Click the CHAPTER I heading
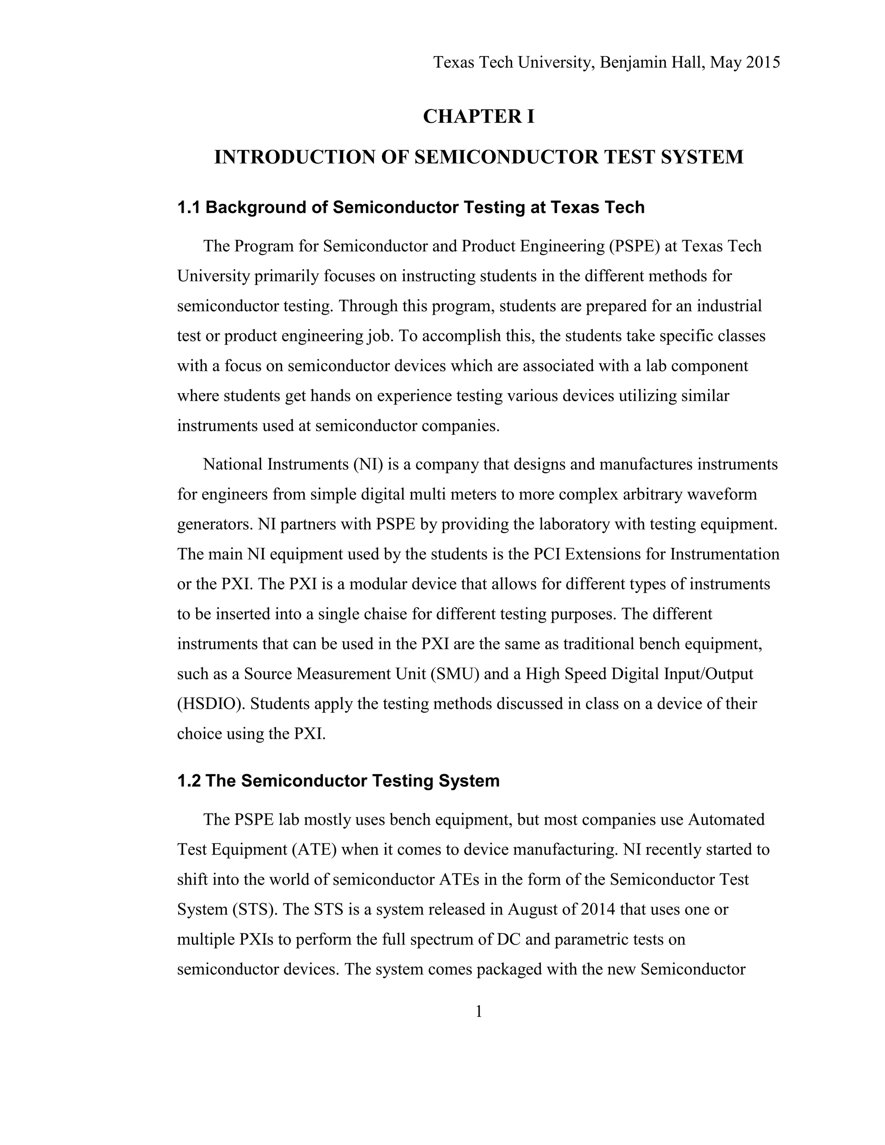478,116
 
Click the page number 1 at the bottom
478,1011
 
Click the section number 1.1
189,207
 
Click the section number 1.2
189,781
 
